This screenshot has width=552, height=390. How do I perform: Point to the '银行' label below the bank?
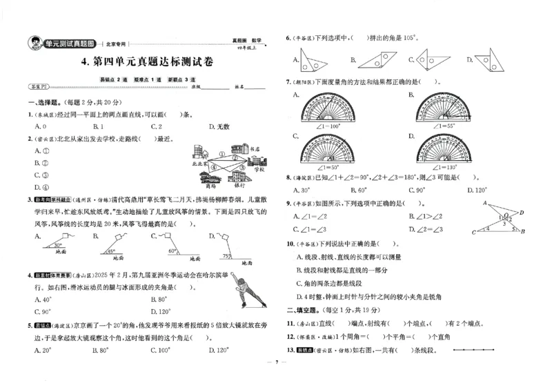point(239,186)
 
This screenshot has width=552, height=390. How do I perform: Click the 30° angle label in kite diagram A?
point(59,244)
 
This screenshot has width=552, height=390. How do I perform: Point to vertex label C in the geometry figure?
point(473,232)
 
